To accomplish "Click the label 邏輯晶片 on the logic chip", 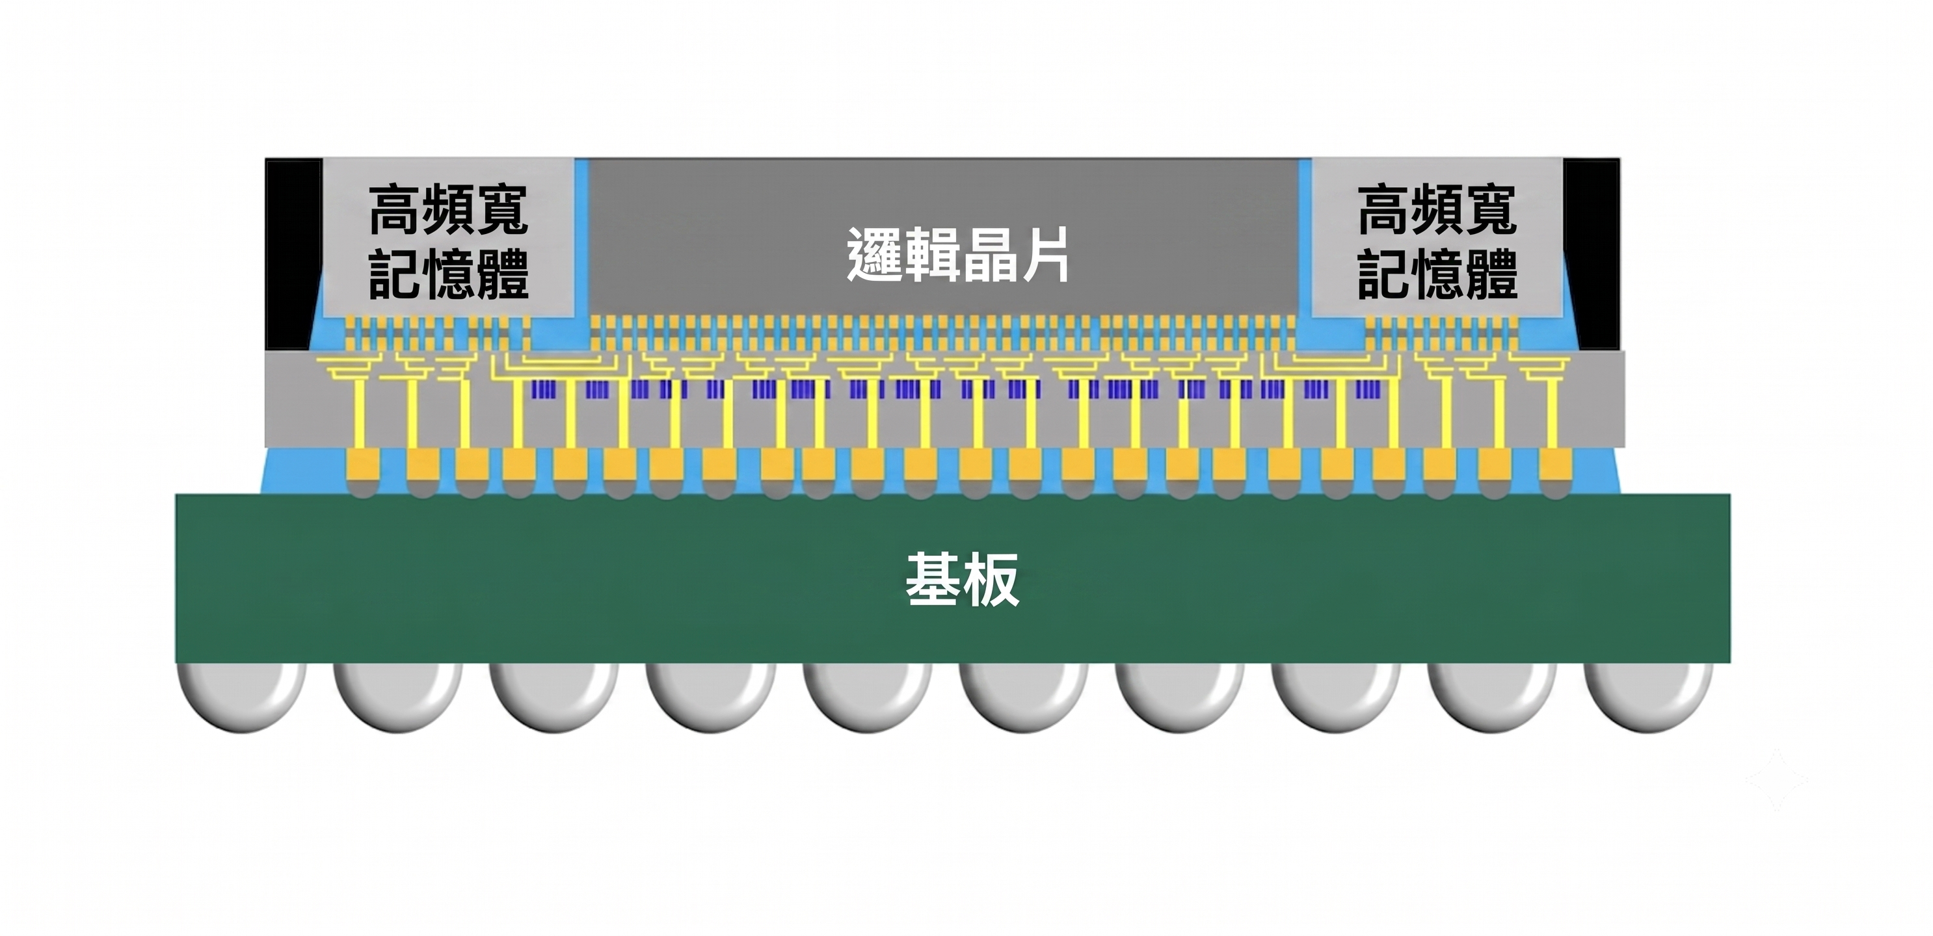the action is point(958,255).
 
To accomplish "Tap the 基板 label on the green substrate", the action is point(962,579).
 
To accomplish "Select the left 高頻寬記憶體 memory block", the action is point(449,237).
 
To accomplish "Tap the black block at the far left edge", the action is point(293,253).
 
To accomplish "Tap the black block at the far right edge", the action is point(1592,253).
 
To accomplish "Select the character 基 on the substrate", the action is point(933,579).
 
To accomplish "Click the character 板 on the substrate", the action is point(991,579).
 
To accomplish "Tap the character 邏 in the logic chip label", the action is point(874,255).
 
